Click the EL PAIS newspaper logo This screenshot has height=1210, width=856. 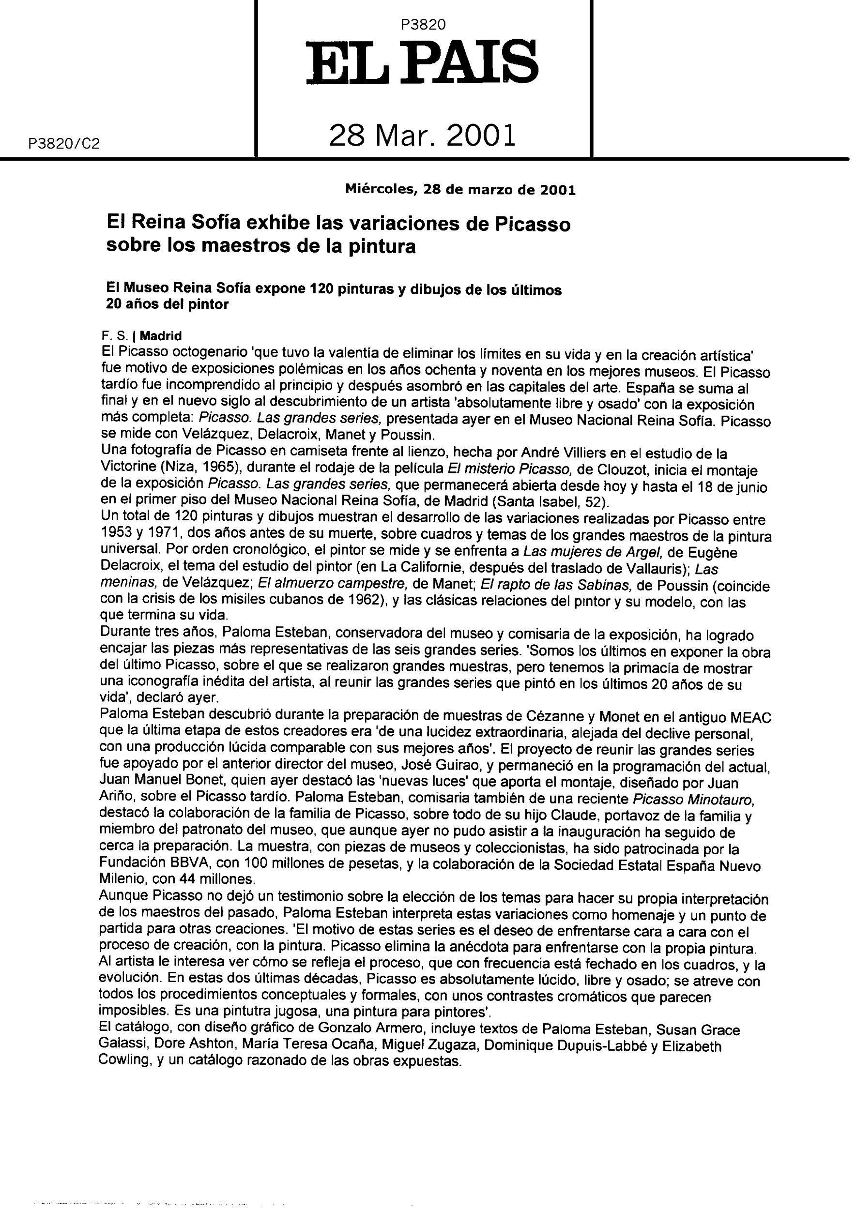click(423, 65)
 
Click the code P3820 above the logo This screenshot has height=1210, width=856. click(423, 25)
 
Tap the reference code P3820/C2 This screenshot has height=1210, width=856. click(61, 144)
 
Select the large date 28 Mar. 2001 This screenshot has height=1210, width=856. click(423, 136)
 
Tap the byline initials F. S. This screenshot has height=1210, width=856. click(112, 336)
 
